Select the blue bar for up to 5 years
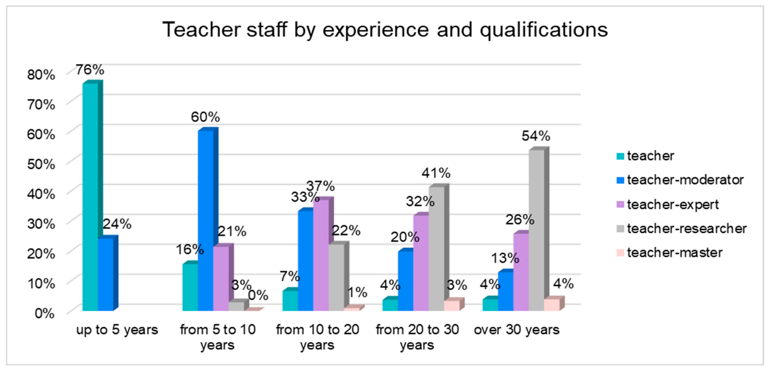108,273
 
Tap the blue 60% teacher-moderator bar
208,220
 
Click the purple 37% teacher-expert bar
323,254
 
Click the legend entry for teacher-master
670,253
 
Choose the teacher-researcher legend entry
681,229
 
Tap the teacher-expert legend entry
667,204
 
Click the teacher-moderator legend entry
680,180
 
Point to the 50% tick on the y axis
41,164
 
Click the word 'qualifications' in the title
544,30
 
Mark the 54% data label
536,136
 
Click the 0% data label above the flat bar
258,296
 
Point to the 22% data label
346,231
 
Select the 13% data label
505,258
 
